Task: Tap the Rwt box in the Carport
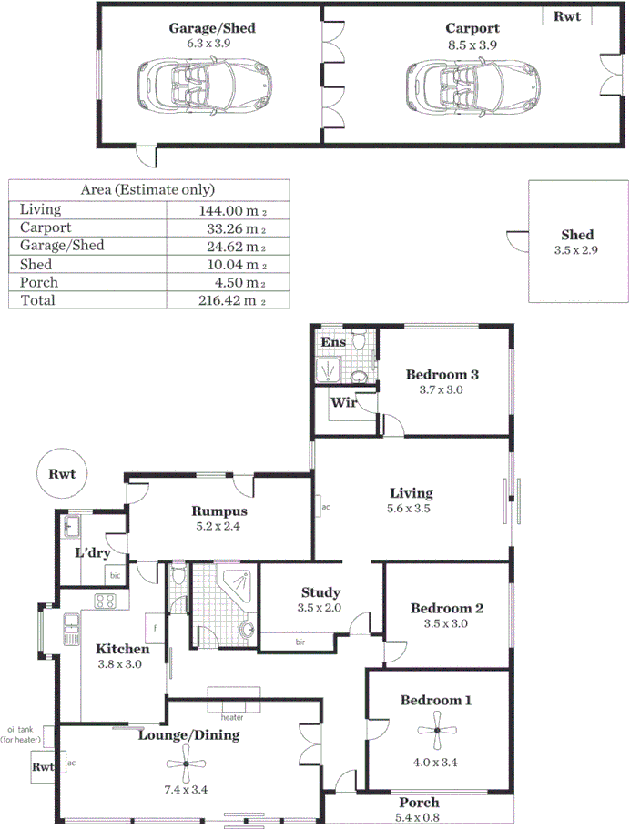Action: click(x=566, y=15)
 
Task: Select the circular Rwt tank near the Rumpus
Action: click(x=62, y=474)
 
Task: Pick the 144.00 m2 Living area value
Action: click(x=232, y=209)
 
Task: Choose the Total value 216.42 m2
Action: click(x=232, y=300)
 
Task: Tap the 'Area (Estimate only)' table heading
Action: click(x=147, y=189)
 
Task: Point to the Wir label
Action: click(x=342, y=403)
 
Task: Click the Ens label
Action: click(x=334, y=342)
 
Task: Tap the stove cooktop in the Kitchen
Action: click(x=104, y=601)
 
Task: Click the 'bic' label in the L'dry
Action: click(x=115, y=576)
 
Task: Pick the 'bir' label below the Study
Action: click(x=300, y=642)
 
